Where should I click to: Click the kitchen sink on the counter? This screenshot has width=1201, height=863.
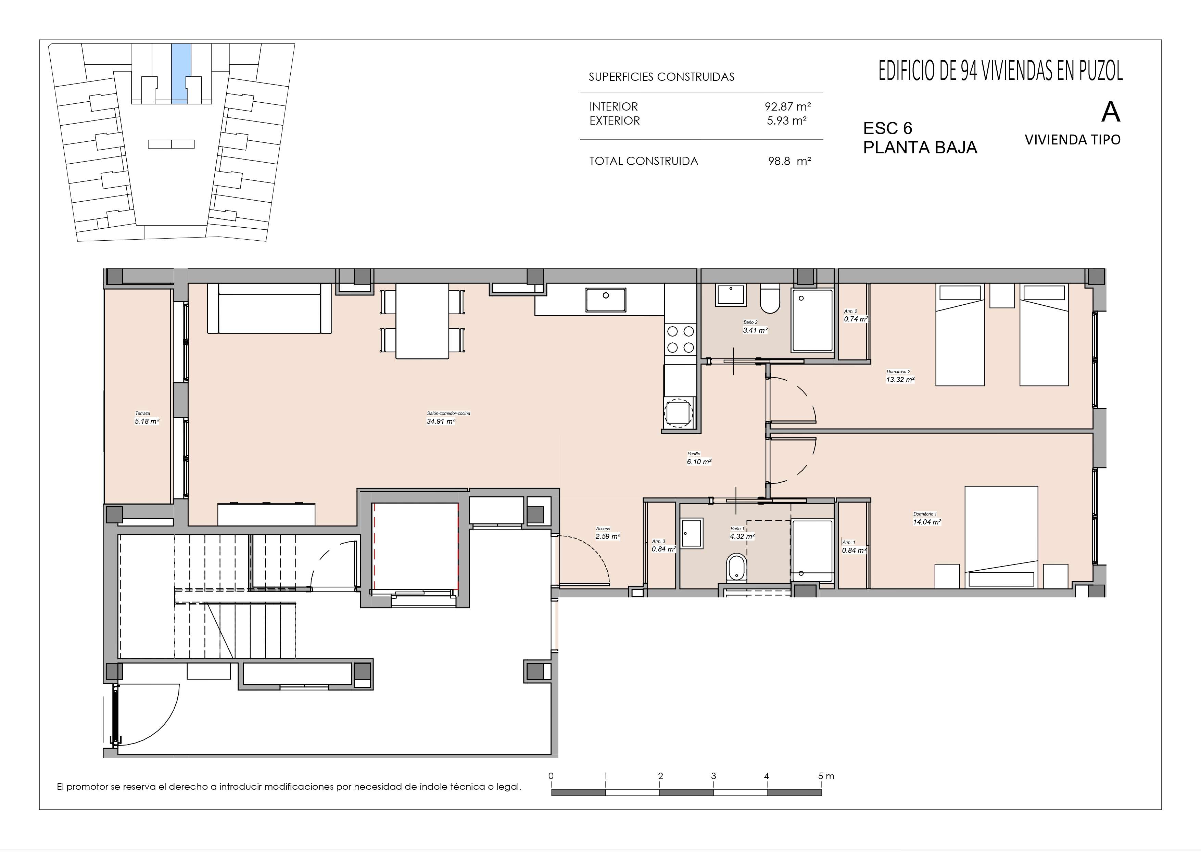(605, 300)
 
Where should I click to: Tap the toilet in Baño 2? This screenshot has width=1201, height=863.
(769, 299)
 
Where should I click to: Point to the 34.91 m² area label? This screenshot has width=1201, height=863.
(441, 421)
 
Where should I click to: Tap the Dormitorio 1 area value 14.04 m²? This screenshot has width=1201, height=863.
(927, 521)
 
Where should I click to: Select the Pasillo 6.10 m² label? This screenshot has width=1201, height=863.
(699, 458)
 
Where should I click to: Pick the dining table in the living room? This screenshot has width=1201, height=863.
(422, 321)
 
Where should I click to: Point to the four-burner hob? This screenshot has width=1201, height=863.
(681, 339)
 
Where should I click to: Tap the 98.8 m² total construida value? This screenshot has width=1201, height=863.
(789, 161)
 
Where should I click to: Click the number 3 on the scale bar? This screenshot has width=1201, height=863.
(713, 776)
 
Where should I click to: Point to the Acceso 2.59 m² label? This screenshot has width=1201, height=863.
(607, 533)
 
